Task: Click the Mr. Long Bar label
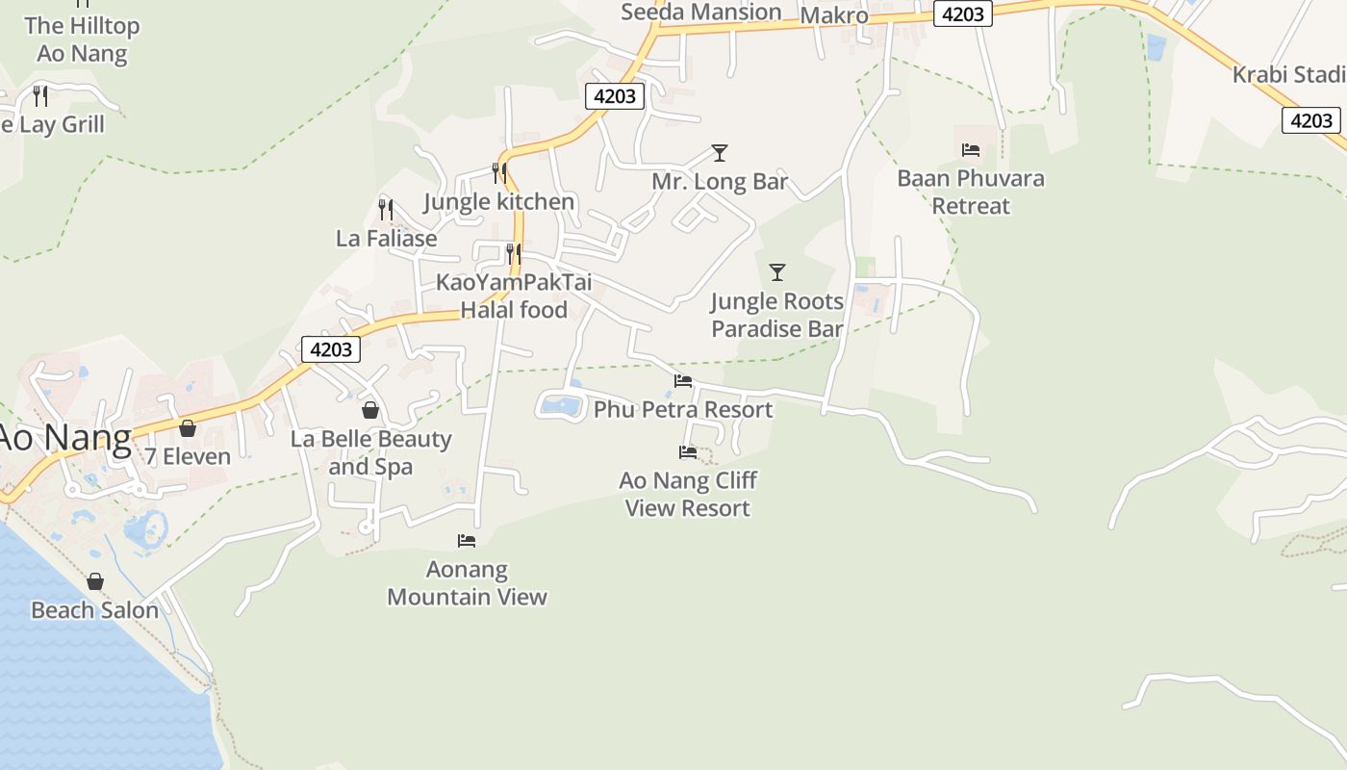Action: tap(720, 182)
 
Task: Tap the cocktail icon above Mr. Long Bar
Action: tap(719, 152)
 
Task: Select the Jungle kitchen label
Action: tap(498, 202)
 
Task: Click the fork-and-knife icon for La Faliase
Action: tap(386, 209)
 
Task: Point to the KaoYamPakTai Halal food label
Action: tap(514, 295)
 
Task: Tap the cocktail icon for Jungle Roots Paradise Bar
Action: tap(777, 271)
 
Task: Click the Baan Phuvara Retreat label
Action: tap(971, 192)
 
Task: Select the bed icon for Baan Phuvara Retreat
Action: tap(971, 149)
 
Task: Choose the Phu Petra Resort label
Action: tap(683, 410)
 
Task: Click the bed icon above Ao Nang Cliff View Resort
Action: tap(687, 451)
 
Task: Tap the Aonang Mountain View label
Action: tap(467, 582)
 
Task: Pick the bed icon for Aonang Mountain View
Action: tap(467, 540)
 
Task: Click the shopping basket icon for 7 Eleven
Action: tap(188, 427)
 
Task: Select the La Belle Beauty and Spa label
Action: tap(370, 452)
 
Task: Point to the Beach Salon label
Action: tap(94, 610)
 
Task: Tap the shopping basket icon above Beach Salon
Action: tap(94, 581)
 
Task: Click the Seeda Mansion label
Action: tap(700, 13)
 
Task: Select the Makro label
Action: tap(834, 15)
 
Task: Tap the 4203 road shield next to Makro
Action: tap(963, 14)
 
